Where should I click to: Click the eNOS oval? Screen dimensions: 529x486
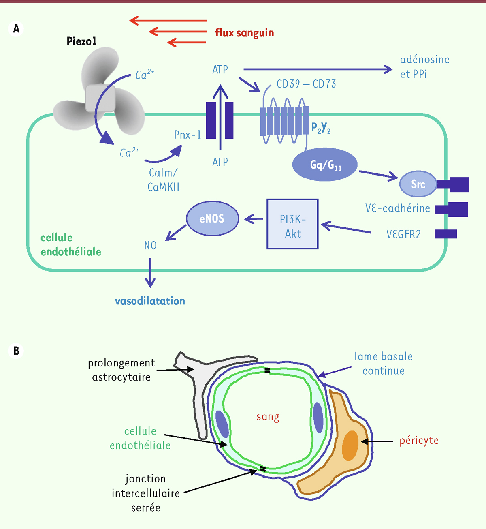pyautogui.click(x=212, y=219)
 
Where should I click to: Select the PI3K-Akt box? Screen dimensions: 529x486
pyautogui.click(x=292, y=224)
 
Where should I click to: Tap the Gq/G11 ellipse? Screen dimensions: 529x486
pyautogui.click(x=325, y=165)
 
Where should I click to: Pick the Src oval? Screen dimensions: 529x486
pyautogui.click(x=418, y=184)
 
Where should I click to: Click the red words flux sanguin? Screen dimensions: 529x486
pyautogui.click(x=244, y=33)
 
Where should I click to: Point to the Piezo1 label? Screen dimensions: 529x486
pyautogui.click(x=81, y=41)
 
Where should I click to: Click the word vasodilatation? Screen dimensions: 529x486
pyautogui.click(x=150, y=301)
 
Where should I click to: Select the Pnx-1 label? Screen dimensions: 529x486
pyautogui.click(x=188, y=135)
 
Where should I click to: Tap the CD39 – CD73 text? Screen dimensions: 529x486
pyautogui.click(x=306, y=84)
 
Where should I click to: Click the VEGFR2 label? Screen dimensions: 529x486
pyautogui.click(x=403, y=234)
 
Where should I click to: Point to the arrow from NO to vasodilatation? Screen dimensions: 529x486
pyautogui.click(x=150, y=272)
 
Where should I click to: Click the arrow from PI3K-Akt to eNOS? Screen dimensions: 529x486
pyautogui.click(x=254, y=219)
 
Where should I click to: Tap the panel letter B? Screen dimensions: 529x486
pyautogui.click(x=16, y=351)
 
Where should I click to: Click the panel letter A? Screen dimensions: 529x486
pyautogui.click(x=16, y=29)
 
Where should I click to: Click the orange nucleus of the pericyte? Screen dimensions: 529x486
pyautogui.click(x=350, y=445)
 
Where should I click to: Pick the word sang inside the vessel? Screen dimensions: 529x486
pyautogui.click(x=268, y=417)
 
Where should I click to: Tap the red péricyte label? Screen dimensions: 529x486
pyautogui.click(x=419, y=441)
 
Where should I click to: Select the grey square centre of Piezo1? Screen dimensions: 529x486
pyautogui.click(x=100, y=99)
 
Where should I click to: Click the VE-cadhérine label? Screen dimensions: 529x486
pyautogui.click(x=397, y=208)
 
